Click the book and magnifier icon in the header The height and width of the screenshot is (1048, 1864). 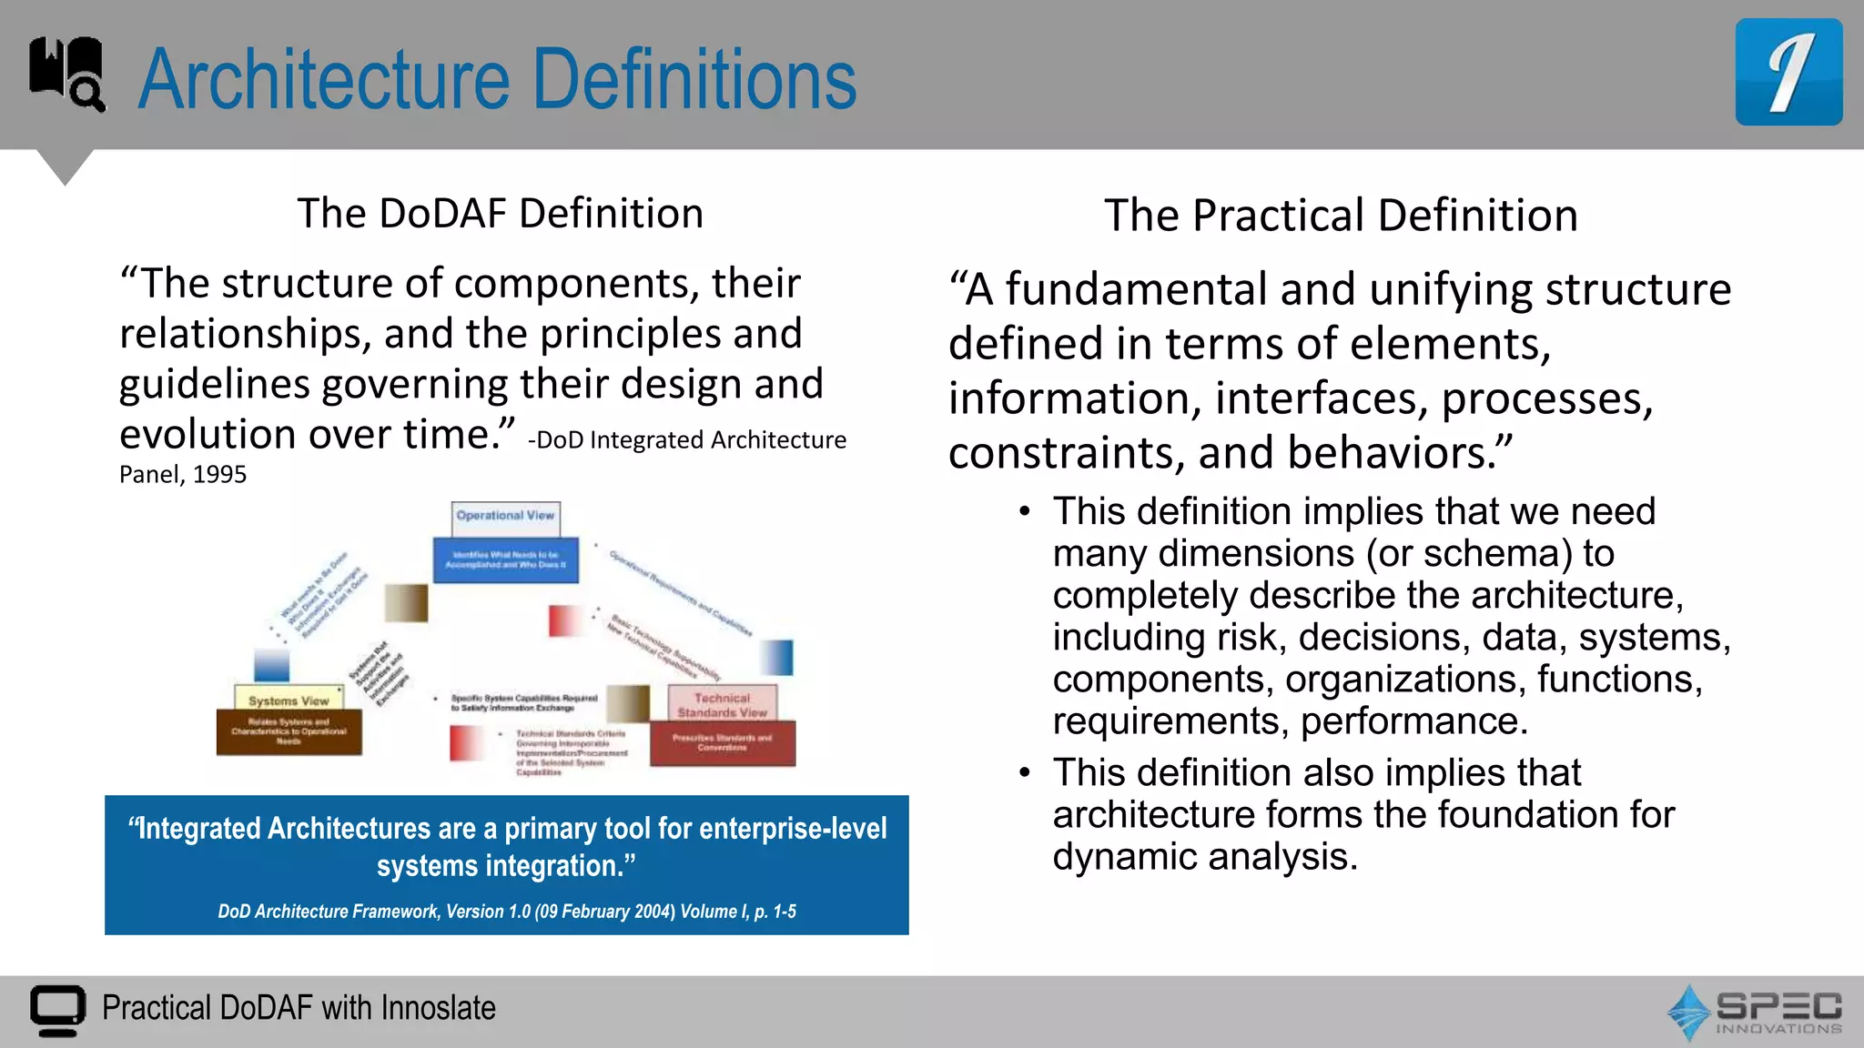[67, 74]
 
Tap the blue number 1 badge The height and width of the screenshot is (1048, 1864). [1788, 72]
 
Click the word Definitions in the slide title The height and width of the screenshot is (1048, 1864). [694, 80]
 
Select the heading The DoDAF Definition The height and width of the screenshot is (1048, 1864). [500, 214]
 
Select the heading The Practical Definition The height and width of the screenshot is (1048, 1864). [1340, 216]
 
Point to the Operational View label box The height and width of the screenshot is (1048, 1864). [505, 517]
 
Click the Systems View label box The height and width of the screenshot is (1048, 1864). [289, 700]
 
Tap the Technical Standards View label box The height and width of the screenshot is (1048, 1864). [722, 704]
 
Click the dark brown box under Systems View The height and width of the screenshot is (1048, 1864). [289, 732]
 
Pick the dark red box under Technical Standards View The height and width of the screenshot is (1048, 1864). [722, 743]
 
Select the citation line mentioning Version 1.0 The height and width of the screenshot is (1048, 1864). [506, 912]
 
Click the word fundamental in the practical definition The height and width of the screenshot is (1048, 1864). [1136, 290]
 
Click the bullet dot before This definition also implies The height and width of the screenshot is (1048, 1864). [1025, 773]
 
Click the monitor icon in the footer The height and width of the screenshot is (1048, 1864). [57, 1010]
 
